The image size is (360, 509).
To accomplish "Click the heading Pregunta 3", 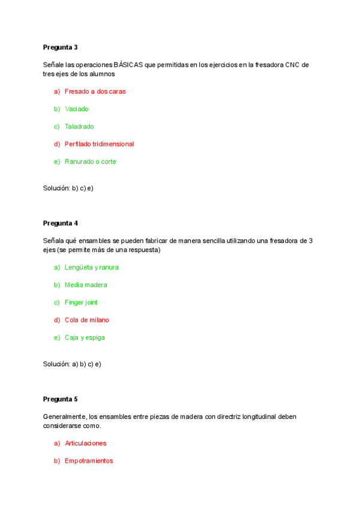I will point(60,47).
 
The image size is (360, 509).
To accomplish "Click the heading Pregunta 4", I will point(60,223).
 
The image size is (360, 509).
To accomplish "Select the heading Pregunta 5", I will point(60,399).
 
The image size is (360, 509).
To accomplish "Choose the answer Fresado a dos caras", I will point(95,91).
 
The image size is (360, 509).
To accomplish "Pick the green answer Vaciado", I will point(76,109).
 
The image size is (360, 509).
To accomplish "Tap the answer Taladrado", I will point(79,126).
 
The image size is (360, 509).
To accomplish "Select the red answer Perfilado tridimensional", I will point(99,144).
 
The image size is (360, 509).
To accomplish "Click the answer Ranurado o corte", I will point(90,161).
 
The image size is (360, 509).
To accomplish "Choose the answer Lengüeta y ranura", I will point(91,267).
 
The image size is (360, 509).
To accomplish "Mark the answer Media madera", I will point(86,285).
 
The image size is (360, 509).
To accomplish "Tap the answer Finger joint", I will point(81,302).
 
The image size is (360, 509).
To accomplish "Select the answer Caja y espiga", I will point(85,337).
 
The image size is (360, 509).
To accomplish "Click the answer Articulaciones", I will point(85,443).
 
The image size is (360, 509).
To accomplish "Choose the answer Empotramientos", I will point(88,461).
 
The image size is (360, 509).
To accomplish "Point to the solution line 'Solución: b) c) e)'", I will point(68,188).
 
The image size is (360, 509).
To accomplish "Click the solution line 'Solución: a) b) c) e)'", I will point(72,364).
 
